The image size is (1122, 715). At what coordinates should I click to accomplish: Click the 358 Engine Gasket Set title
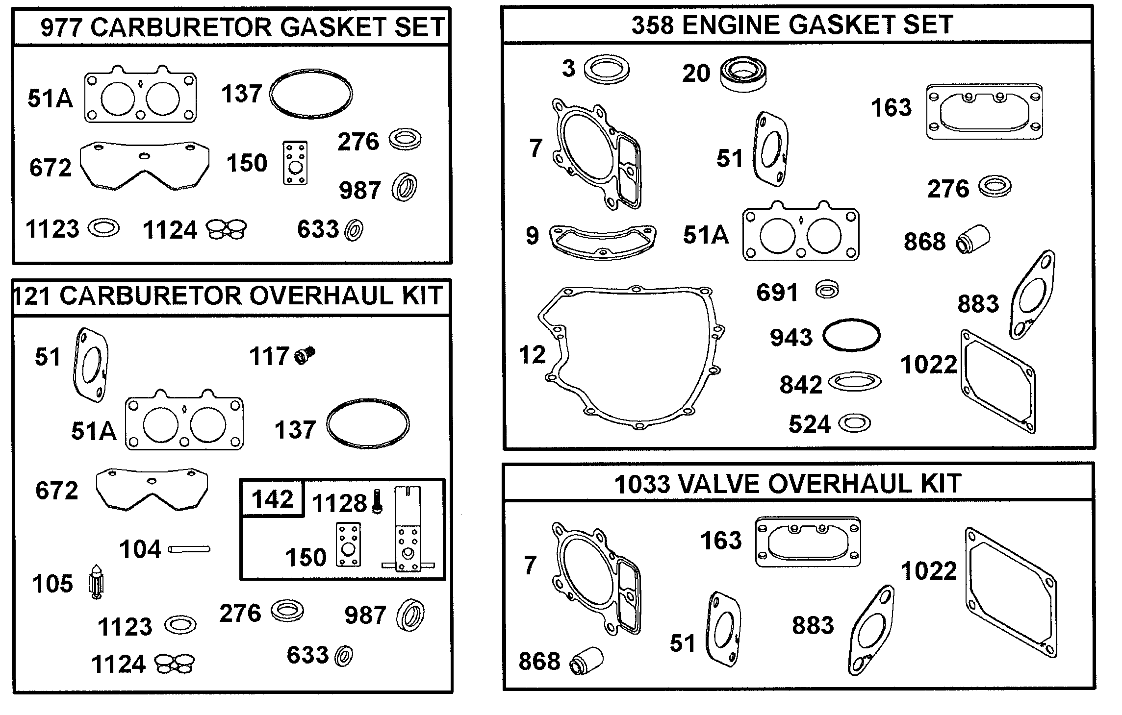[x=791, y=25]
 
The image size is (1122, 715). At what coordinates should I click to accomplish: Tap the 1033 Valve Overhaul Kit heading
[x=788, y=484]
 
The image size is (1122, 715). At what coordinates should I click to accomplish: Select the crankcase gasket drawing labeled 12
[x=633, y=358]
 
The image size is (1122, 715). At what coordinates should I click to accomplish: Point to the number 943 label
[x=791, y=338]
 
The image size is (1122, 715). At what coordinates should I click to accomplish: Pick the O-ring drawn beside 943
[x=851, y=336]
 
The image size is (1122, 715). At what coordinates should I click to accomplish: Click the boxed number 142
[x=272, y=499]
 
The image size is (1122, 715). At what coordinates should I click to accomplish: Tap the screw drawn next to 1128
[x=377, y=502]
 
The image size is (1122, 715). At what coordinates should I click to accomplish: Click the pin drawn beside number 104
[x=189, y=549]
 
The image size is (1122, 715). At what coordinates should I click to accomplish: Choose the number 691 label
[x=777, y=293]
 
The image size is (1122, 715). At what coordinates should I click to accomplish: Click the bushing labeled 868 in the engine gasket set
[x=973, y=239]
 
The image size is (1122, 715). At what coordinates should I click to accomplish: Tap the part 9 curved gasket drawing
[x=603, y=242]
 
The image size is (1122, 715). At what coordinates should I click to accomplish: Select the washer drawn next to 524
[x=854, y=423]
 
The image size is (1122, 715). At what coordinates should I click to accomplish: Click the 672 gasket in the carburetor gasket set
[x=144, y=165]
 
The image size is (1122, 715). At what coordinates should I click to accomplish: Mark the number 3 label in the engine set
[x=568, y=68]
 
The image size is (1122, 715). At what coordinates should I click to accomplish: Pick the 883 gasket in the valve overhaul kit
[x=871, y=630]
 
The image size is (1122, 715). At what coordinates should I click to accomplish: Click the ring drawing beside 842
[x=854, y=382]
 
